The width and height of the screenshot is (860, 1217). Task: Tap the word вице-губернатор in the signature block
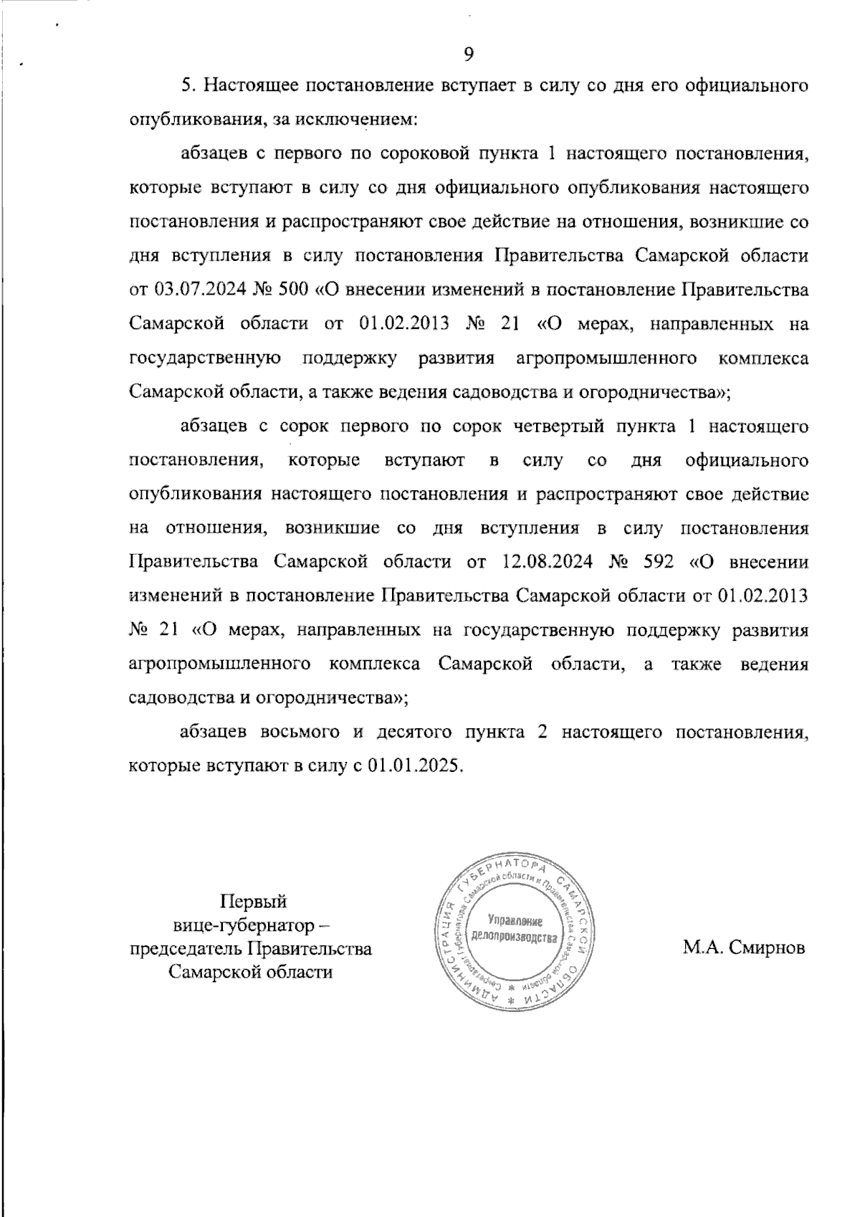point(243,925)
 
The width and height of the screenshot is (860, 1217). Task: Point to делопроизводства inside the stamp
point(513,937)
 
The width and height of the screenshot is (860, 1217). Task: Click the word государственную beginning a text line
point(204,358)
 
